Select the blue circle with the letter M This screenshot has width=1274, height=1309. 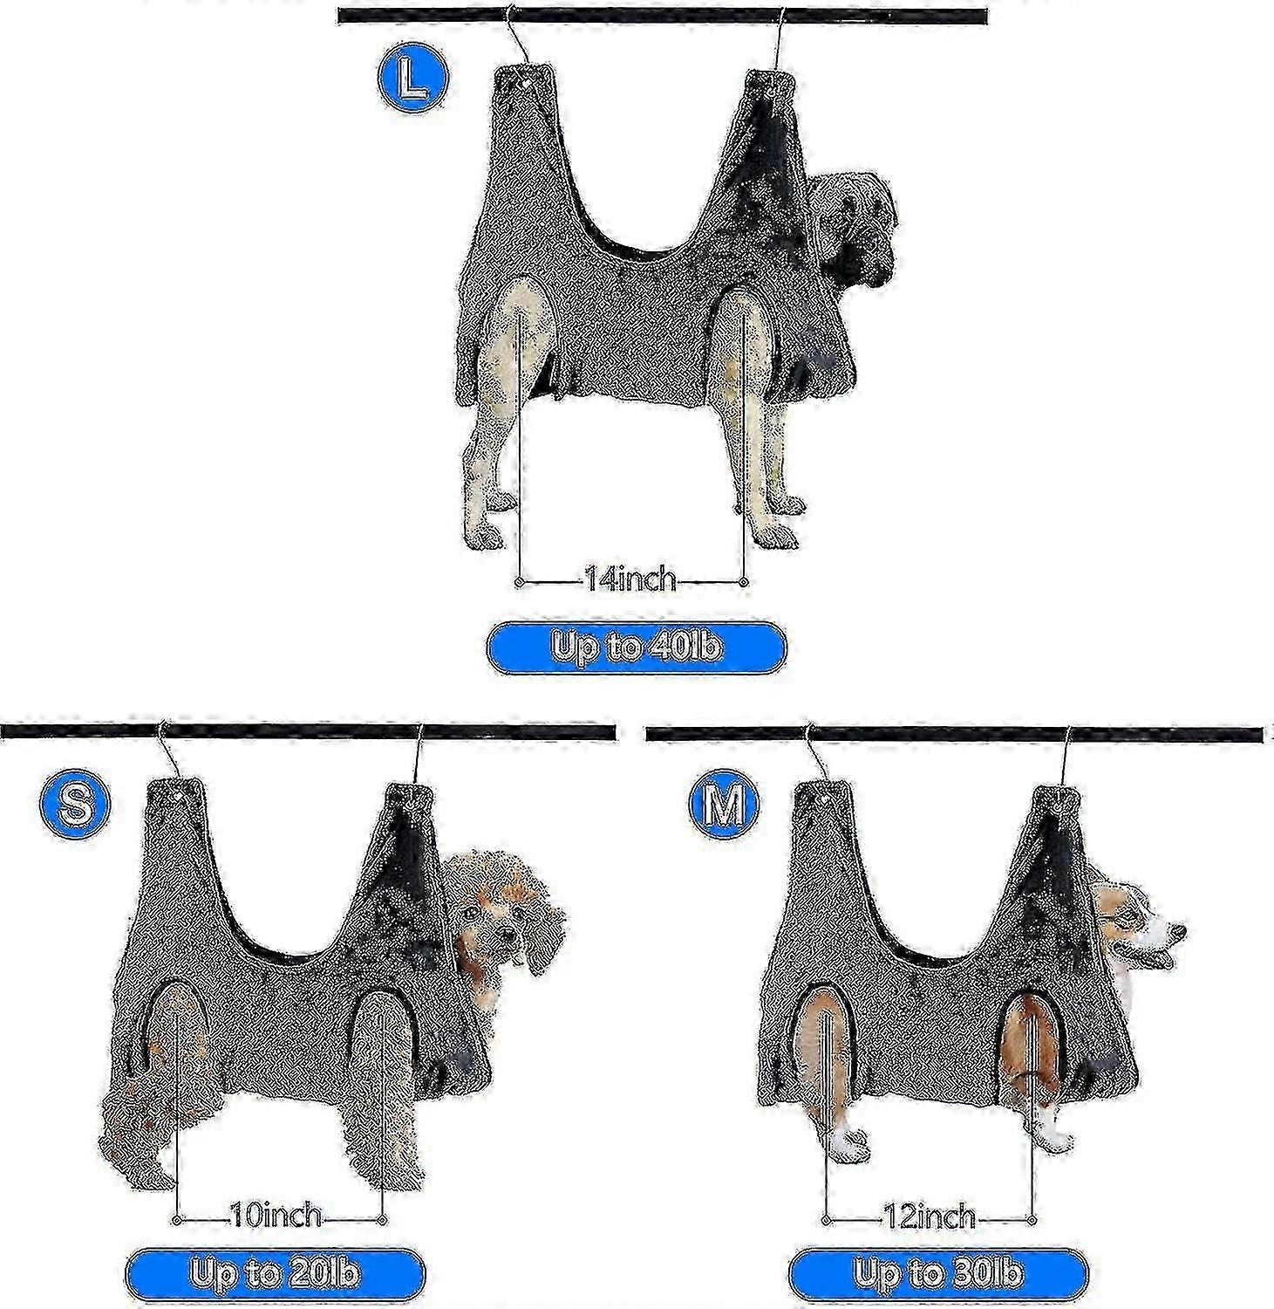[725, 804]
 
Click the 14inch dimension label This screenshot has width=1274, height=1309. [630, 579]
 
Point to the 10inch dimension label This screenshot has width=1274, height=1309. [276, 1216]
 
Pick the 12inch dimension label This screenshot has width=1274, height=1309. [929, 1216]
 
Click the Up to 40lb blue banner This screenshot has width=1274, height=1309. [637, 647]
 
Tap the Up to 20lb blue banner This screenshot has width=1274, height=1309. [275, 1274]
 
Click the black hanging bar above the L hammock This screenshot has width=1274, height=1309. [663, 16]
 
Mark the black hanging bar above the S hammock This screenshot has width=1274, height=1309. [308, 731]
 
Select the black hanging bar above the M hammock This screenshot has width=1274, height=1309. [954, 734]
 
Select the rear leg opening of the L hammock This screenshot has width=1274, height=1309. [525, 332]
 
